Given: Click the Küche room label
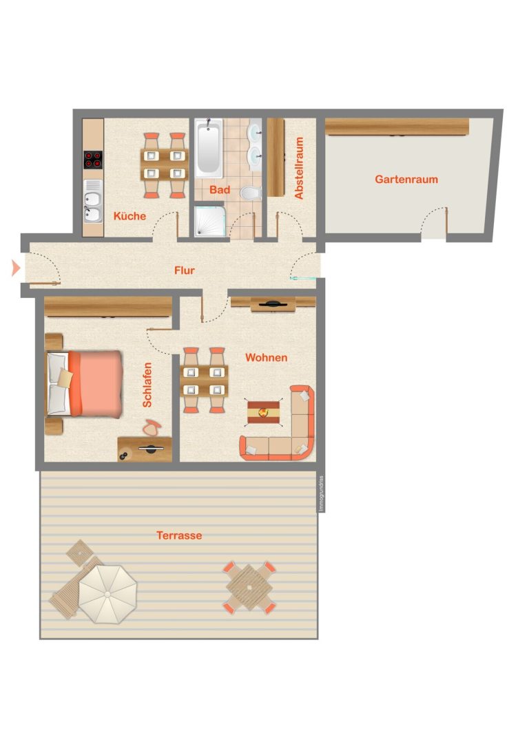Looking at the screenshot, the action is (129, 216).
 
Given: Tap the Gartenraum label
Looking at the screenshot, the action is (406, 180).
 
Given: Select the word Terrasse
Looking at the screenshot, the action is (179, 535).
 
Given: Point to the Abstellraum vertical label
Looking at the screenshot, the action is (299, 168).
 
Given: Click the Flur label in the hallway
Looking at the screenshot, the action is (185, 270).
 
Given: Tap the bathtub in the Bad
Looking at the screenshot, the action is (209, 148).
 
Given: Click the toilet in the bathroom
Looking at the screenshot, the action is (251, 193).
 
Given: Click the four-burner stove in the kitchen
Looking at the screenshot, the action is (93, 160).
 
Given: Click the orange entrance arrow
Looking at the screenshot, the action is (16, 268).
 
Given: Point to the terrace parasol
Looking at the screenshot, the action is (107, 594).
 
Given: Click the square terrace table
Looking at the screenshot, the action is (249, 587).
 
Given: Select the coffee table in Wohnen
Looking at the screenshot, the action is (263, 413).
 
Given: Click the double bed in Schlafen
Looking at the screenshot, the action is (84, 384).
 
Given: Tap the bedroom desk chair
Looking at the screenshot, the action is (152, 427).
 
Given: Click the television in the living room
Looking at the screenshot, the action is (272, 303).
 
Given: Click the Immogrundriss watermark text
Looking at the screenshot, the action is (321, 494).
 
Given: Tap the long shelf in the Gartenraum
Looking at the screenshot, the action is (397, 127).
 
